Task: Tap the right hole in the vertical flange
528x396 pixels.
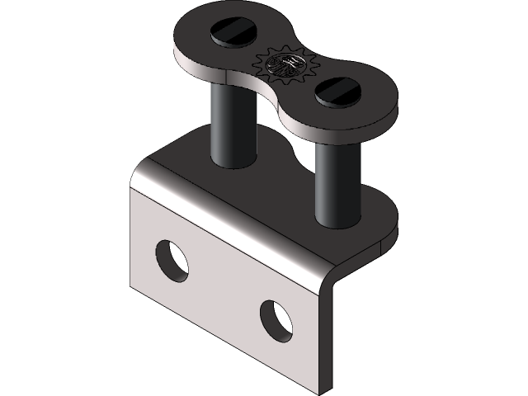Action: click(276, 321)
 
